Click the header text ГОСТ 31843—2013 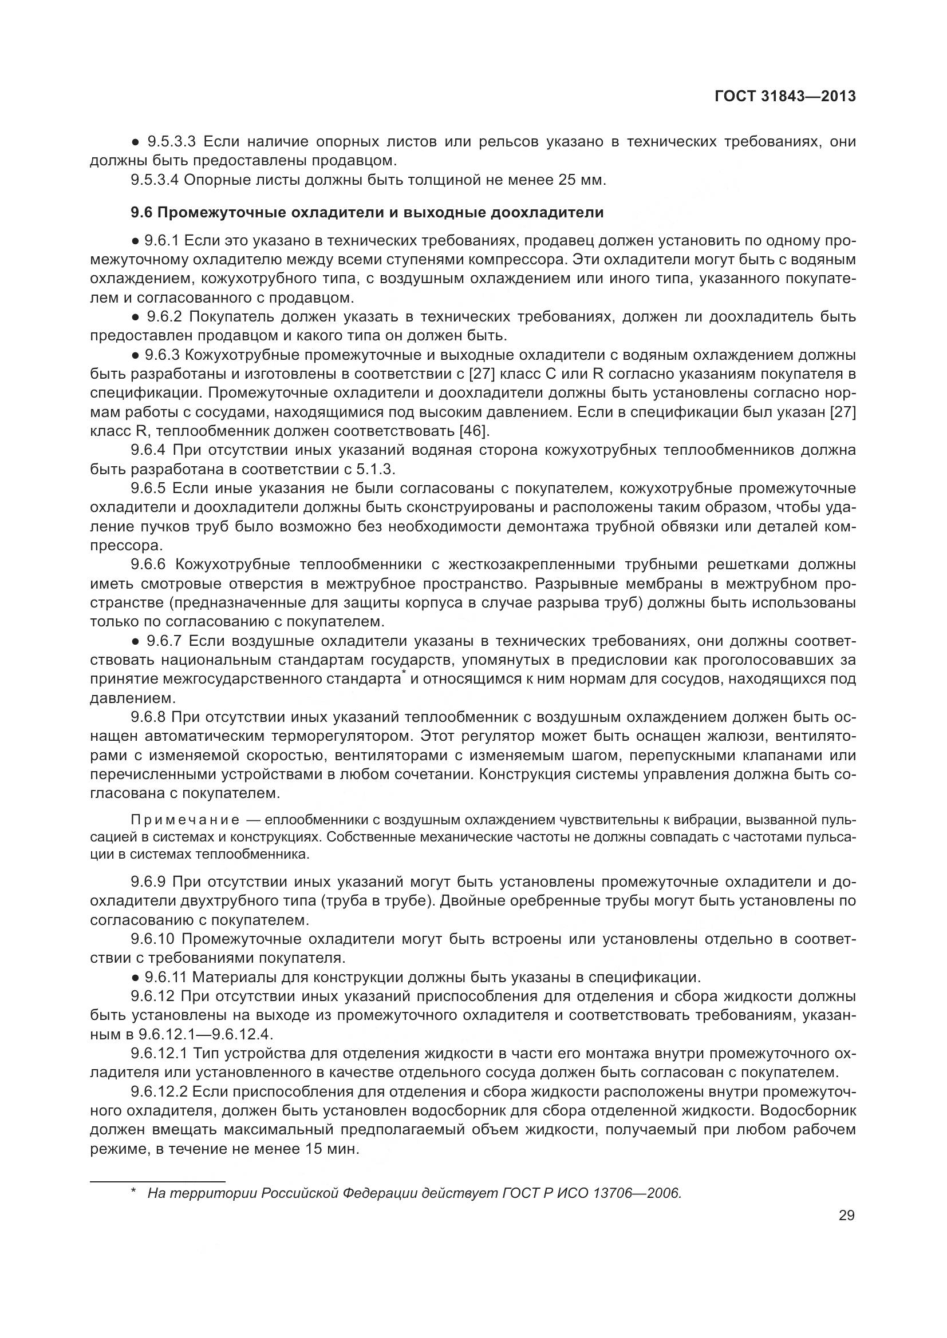tap(784, 96)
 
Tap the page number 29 tap(846, 1215)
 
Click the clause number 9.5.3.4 tap(155, 180)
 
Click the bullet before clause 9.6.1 tap(135, 240)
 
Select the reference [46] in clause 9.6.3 tap(475, 431)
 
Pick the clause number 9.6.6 tap(148, 564)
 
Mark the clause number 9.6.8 tap(148, 717)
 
